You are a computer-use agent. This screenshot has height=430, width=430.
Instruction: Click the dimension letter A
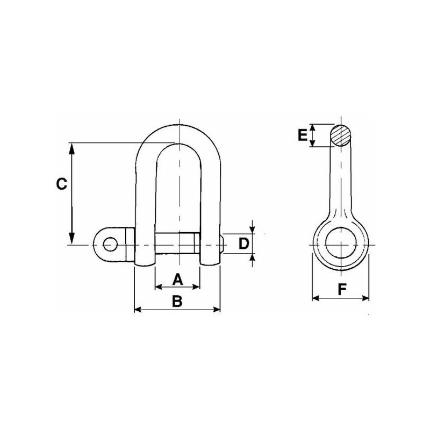click(178, 279)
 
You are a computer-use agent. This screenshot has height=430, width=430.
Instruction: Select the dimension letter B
click(177, 301)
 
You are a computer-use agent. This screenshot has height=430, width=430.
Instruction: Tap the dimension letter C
click(61, 184)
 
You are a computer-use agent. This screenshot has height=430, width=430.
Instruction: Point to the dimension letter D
click(243, 244)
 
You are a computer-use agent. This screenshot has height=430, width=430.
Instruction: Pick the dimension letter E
click(303, 135)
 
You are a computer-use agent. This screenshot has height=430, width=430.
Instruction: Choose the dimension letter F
click(342, 289)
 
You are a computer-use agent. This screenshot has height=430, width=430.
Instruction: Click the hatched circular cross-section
click(341, 136)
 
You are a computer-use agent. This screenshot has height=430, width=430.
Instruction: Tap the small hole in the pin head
click(110, 244)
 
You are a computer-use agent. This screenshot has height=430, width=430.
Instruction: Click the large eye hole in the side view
click(341, 243)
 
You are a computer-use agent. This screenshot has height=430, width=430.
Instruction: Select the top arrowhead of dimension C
click(71, 148)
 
